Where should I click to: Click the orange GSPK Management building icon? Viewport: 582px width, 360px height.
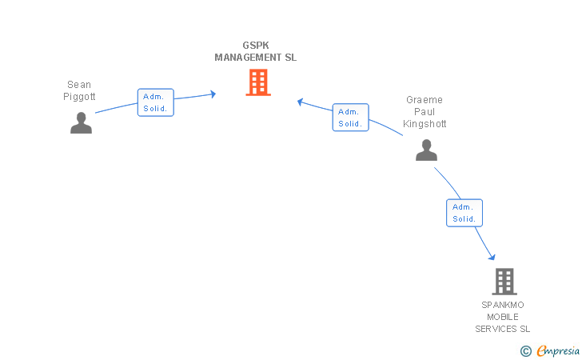[x=258, y=82]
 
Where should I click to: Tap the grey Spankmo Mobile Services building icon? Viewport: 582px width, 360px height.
[x=504, y=282]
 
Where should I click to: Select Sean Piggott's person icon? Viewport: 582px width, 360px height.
[x=82, y=122]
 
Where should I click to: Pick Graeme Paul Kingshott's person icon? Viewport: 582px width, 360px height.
[x=426, y=150]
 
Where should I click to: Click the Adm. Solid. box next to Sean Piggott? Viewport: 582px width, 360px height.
[x=156, y=102]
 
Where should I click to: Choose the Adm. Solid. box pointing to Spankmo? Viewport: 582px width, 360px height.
[x=464, y=213]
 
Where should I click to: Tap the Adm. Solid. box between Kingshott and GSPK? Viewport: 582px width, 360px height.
[x=350, y=118]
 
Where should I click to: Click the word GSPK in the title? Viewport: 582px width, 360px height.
[x=256, y=46]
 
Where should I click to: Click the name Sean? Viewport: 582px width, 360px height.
[x=79, y=85]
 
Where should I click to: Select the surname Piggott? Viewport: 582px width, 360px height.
[x=79, y=97]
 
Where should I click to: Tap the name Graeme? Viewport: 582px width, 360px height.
[x=425, y=100]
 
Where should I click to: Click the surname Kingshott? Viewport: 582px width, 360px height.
[x=425, y=124]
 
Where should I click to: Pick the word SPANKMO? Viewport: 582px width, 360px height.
[x=503, y=305]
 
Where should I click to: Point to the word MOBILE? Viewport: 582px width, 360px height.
[x=503, y=317]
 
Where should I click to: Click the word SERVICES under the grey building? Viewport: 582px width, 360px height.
[x=496, y=329]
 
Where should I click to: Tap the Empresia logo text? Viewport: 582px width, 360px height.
[x=558, y=350]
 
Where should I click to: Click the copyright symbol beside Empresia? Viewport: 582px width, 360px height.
[x=526, y=351]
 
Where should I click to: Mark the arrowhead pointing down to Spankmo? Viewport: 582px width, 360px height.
[x=492, y=257]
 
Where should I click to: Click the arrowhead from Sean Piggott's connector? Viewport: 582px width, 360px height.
[x=213, y=94]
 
